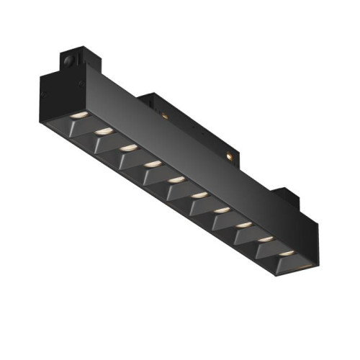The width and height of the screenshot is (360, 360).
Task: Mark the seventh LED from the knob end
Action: click(x=222, y=210)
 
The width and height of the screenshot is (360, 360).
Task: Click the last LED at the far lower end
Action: click(x=287, y=254)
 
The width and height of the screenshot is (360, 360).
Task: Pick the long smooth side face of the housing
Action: click(x=180, y=144)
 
